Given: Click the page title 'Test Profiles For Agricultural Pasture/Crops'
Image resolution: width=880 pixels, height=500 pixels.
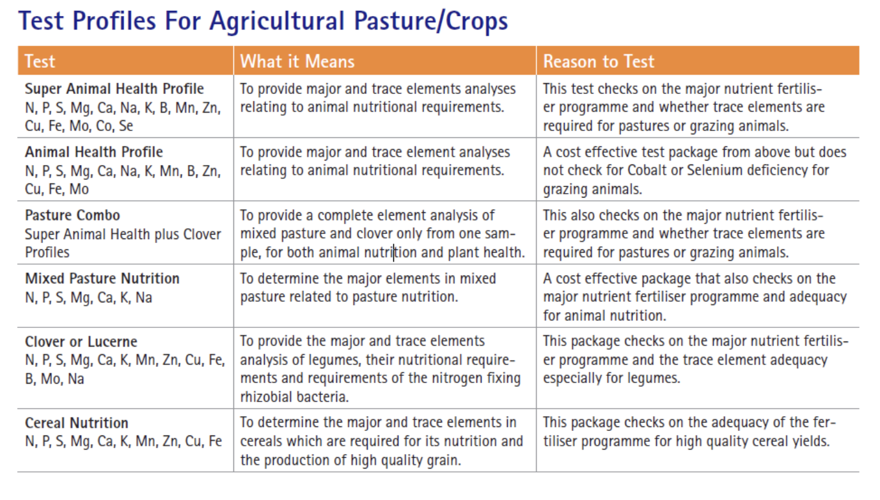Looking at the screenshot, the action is [x=263, y=21].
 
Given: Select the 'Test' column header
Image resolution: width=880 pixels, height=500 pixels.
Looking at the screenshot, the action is [x=40, y=61].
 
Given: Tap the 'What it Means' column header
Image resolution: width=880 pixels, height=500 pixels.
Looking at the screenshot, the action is [x=297, y=61].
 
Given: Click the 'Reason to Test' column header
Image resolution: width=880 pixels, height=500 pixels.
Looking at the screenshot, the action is [x=599, y=61].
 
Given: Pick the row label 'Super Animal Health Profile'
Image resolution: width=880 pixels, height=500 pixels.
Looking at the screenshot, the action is [x=114, y=89].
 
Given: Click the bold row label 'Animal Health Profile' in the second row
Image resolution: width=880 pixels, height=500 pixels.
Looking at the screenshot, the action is [x=94, y=152].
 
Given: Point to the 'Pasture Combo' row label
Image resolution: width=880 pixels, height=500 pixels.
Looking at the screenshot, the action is [x=72, y=215].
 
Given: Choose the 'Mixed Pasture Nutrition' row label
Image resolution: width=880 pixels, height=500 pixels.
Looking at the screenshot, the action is [x=102, y=279].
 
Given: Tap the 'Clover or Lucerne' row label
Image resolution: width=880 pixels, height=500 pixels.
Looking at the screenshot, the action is [x=81, y=341].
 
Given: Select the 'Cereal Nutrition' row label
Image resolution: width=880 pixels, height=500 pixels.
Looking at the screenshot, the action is [x=77, y=423].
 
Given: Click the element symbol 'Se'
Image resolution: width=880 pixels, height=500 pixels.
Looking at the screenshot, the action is [x=126, y=126].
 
